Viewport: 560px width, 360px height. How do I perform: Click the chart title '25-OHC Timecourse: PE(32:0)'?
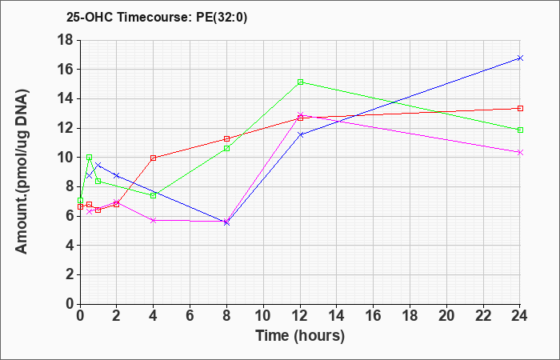point(157,17)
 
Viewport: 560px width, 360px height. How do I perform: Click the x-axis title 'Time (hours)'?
point(300,336)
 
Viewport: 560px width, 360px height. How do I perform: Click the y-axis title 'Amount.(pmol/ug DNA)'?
point(22,171)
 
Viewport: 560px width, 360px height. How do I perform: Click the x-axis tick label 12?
point(300,316)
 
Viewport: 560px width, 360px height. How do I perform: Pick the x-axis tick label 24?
point(519,316)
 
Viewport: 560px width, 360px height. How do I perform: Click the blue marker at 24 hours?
point(520,58)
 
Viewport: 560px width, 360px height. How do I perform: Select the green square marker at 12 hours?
point(300,82)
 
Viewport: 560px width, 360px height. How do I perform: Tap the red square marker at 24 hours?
point(520,108)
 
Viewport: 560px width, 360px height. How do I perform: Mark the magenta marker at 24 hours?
point(520,153)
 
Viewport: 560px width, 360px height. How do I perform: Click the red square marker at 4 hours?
point(154,158)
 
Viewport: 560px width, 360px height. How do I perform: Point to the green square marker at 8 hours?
point(226,148)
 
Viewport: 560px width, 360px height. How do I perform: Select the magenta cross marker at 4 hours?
point(154,220)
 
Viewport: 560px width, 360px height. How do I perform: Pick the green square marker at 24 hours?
point(520,130)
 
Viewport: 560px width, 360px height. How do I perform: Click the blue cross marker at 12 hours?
point(300,134)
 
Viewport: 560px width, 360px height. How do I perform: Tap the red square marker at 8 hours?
point(226,138)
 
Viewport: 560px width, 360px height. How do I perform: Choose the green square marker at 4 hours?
point(154,195)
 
